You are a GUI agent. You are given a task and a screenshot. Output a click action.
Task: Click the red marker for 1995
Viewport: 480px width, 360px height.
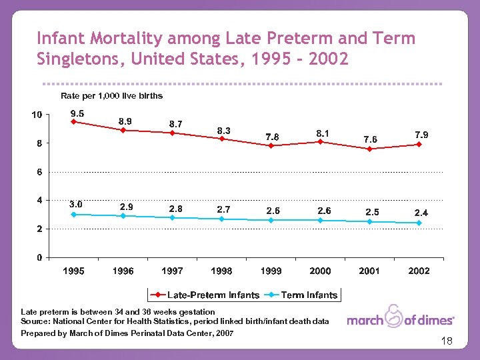tap(74, 121)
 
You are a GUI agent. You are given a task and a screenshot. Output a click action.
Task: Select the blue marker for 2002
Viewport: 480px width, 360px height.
tap(419, 223)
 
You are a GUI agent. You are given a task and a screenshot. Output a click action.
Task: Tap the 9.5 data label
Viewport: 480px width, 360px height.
tap(77, 113)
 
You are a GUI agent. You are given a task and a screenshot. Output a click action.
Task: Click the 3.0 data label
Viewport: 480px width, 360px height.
tap(76, 204)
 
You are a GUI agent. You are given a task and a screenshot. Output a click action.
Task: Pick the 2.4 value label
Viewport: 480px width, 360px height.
tap(421, 212)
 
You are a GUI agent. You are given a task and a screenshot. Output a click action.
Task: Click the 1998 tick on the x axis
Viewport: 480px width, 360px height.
tap(221, 271)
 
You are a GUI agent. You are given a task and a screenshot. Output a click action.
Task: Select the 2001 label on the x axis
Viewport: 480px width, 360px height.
tap(369, 271)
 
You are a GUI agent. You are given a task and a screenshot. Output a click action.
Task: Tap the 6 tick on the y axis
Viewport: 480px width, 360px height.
tap(39, 172)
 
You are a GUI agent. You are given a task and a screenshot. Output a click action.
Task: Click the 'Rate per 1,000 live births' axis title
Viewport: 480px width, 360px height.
tap(111, 96)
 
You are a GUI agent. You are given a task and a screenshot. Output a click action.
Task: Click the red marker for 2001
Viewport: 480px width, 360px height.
tap(369, 149)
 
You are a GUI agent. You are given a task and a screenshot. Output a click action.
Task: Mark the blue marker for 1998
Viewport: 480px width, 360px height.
tap(221, 219)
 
